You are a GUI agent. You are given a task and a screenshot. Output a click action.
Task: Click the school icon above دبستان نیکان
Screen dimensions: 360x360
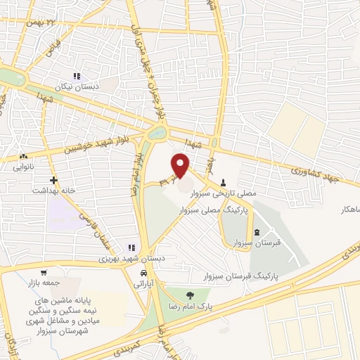click(77, 77)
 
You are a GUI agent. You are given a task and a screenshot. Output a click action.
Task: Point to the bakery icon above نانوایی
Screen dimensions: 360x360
click(24, 156)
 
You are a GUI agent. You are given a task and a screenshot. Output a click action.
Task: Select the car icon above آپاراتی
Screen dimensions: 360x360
click(143, 273)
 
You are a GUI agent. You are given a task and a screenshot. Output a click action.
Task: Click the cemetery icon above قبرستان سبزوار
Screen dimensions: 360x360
click(255, 232)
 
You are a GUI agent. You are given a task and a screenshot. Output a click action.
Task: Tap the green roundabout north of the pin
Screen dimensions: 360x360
click(158, 132)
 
